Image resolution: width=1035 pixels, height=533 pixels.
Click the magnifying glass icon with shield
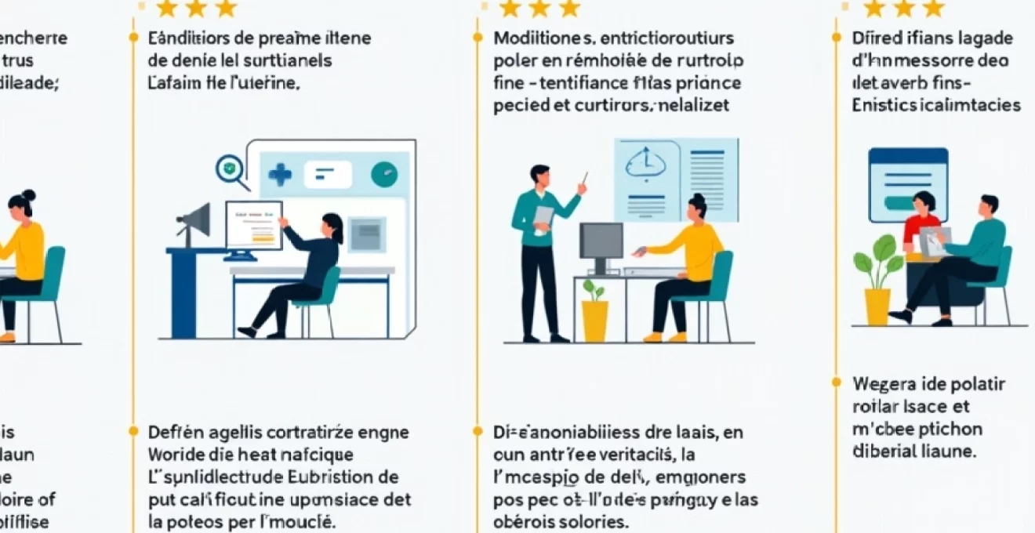coord(229,169)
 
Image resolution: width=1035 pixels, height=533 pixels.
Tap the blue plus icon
coord(280,175)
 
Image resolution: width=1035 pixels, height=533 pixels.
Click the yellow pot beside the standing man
coord(595,320)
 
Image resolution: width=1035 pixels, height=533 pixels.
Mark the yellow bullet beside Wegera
coord(837,382)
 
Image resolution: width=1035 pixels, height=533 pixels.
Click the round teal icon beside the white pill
coord(384,175)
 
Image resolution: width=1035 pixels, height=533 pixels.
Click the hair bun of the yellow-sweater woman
coord(29,194)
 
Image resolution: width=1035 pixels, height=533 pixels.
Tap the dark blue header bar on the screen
coord(908,156)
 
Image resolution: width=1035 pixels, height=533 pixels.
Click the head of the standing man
coord(539,175)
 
